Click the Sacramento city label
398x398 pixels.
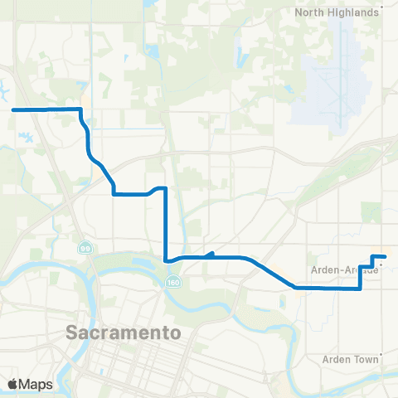(124, 333)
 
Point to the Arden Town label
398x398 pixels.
(349, 360)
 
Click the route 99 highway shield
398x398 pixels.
(85, 249)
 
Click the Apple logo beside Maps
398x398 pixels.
(12, 384)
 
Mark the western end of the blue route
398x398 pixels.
(12, 109)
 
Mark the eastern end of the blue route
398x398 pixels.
(386, 256)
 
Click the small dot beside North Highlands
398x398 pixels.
(378, 12)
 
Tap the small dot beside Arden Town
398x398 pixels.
(381, 360)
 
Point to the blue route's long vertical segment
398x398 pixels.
(167, 224)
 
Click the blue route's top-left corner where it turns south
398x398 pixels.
(80, 109)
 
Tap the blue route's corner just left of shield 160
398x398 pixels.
(167, 260)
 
